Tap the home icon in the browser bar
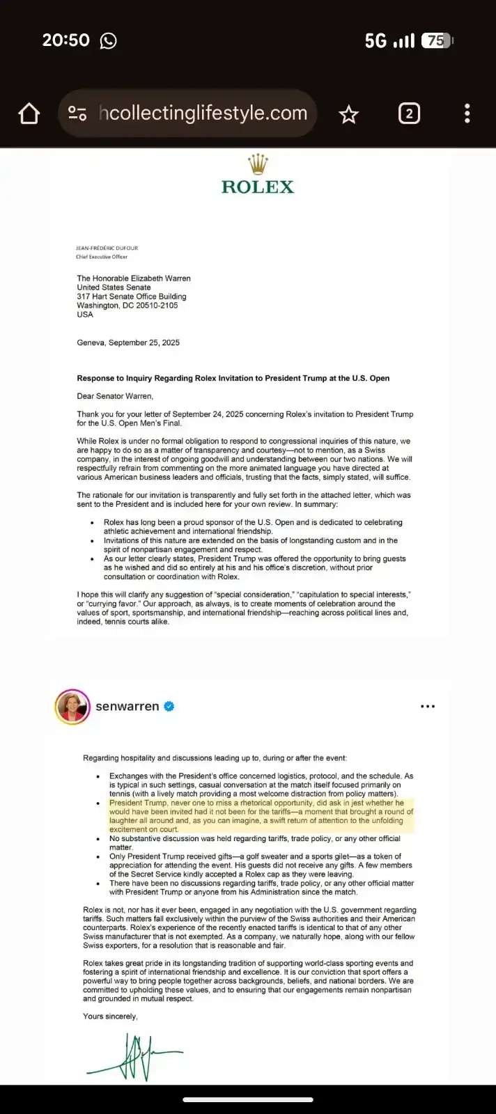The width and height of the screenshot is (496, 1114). pos(29,113)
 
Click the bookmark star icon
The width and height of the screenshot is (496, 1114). pos(348,114)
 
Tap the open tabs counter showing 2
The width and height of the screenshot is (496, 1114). pos(409,113)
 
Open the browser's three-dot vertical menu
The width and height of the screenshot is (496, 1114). pos(467,113)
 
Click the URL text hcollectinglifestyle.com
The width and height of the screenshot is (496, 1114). pos(203,113)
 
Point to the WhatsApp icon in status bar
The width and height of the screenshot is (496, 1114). pos(109,41)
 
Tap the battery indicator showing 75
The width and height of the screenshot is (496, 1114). pos(438,41)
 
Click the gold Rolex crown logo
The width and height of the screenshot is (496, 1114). pos(258,164)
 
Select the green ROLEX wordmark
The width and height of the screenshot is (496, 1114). pos(258,187)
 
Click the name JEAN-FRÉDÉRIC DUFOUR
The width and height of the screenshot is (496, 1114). pos(107,249)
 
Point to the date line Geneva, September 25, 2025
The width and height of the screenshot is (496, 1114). pos(128,343)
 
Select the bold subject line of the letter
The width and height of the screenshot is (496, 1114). pos(233,378)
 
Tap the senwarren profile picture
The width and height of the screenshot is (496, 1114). pos(72,707)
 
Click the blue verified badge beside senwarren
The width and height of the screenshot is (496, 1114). pos(169,707)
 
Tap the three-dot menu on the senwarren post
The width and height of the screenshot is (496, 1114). pos(428,707)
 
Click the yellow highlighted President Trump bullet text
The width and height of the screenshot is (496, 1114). pos(261,816)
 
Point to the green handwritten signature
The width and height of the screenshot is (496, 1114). pos(136,1056)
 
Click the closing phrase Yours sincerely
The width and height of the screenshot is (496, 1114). pos(110,1017)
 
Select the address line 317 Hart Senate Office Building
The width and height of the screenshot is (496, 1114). pos(132,297)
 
